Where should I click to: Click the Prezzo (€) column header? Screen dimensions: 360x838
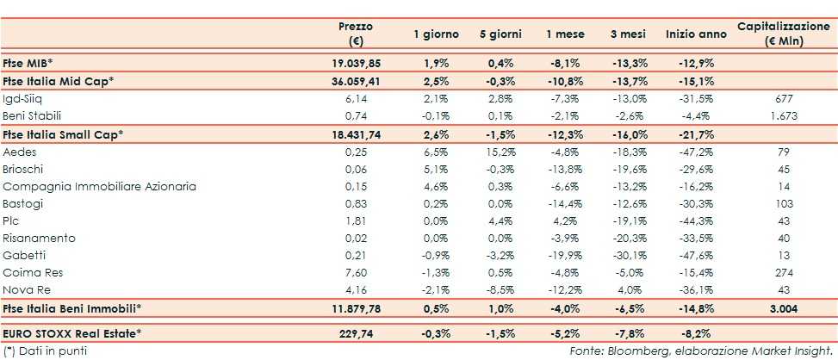(355, 33)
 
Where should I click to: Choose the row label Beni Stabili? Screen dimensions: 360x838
(32, 115)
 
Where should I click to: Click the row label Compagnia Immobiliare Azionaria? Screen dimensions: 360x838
(99, 186)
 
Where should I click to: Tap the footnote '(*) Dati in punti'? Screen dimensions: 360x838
(45, 351)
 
